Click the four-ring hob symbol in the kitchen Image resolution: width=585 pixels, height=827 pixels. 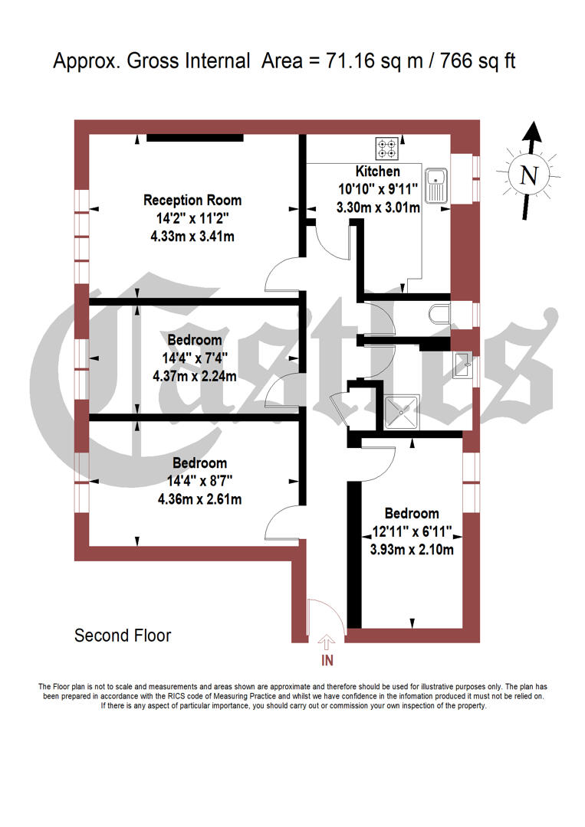(386, 147)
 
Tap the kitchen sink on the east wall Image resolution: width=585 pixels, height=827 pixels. (439, 185)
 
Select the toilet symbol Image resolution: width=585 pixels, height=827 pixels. (439, 314)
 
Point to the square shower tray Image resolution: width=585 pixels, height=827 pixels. (403, 413)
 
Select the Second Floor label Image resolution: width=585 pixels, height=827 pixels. (123, 636)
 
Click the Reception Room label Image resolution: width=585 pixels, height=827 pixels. (192, 201)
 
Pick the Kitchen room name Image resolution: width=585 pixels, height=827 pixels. (377, 172)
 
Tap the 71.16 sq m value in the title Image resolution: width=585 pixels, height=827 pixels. (372, 61)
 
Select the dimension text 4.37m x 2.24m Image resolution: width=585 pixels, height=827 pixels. (195, 376)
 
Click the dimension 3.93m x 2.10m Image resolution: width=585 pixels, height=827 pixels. (412, 550)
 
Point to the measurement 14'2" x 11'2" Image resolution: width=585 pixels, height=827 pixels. (192, 219)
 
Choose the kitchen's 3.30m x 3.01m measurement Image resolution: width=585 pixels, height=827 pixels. (379, 208)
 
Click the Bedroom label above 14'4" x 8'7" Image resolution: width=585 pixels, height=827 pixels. (199, 463)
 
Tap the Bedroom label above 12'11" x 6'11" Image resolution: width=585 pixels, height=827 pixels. (412, 513)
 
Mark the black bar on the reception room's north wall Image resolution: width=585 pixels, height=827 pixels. (195, 138)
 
